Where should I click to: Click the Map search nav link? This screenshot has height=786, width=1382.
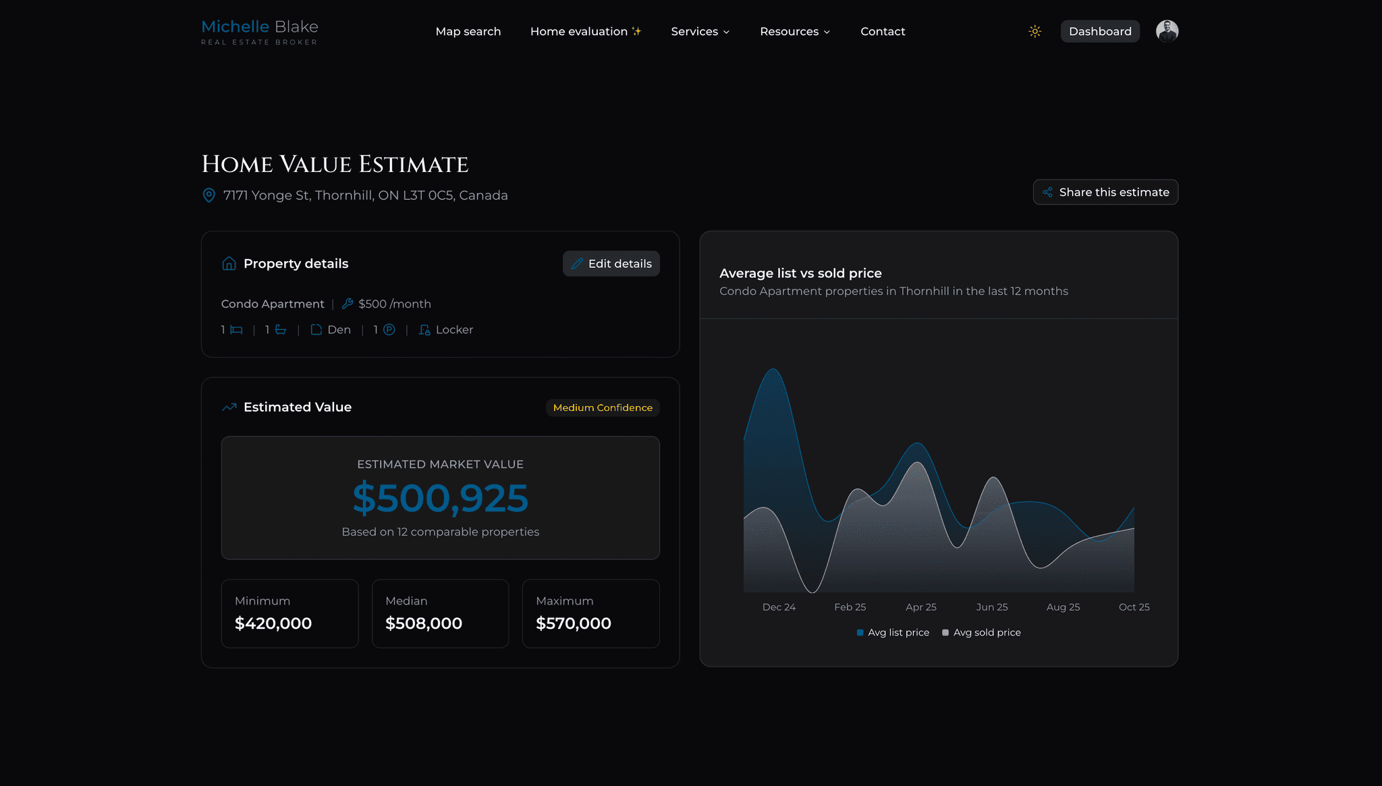[x=468, y=32]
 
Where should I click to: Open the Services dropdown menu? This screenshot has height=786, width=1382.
[x=700, y=32]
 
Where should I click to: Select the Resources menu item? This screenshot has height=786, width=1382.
[x=794, y=32]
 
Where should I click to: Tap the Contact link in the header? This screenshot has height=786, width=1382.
[x=882, y=32]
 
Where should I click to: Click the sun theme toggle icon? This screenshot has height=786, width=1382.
[x=1034, y=32]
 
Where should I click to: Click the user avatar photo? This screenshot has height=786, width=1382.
[x=1167, y=31]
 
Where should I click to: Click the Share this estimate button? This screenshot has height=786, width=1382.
[x=1105, y=192]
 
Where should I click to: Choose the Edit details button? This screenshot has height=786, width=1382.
[x=611, y=264]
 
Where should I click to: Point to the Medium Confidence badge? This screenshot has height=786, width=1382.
[x=602, y=408]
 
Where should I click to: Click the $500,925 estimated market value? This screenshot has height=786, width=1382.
[x=440, y=498]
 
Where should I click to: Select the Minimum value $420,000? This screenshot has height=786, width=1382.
[x=273, y=623]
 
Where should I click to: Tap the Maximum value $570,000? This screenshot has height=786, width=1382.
[x=573, y=623]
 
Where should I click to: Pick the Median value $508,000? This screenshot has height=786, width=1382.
[x=423, y=623]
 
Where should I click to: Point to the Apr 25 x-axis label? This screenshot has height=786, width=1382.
[x=920, y=607]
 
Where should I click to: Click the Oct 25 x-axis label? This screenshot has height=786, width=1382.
[x=1134, y=607]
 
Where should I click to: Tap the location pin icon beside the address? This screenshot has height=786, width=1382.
[x=209, y=195]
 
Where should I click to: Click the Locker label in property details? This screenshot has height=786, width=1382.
[x=453, y=330]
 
